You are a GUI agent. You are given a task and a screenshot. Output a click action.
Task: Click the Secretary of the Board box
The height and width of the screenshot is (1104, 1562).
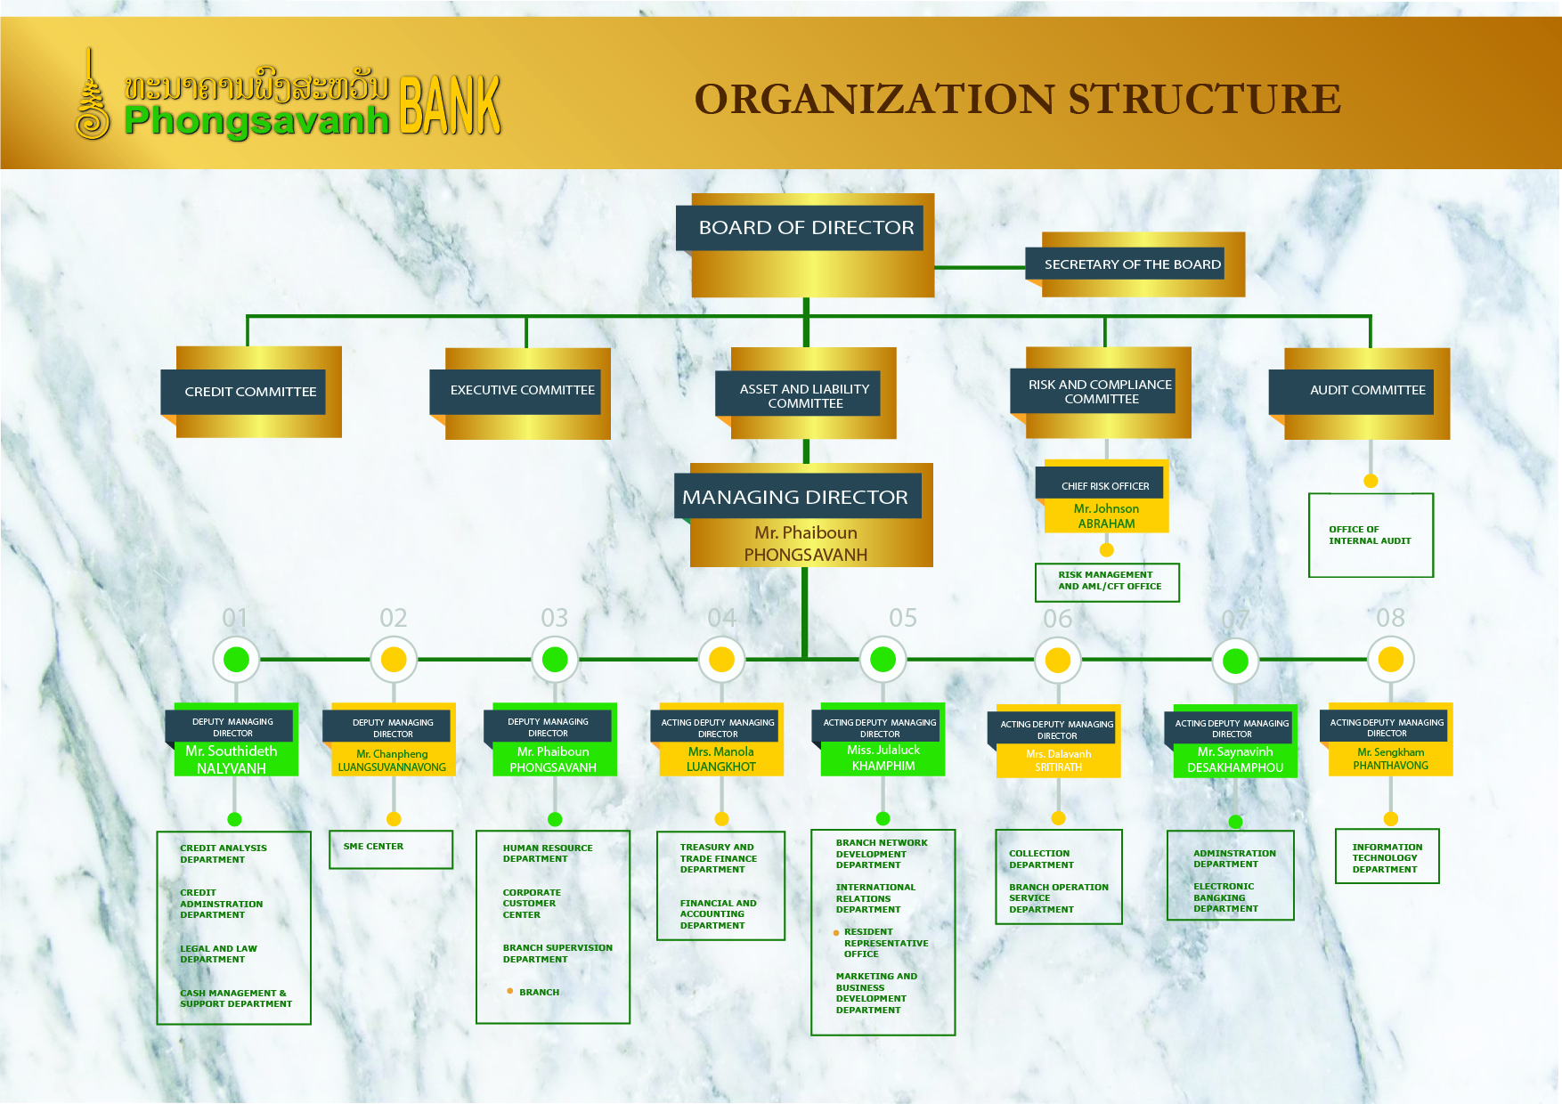click(x=1132, y=264)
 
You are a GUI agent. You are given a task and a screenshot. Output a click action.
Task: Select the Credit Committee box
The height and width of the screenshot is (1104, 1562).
click(x=250, y=392)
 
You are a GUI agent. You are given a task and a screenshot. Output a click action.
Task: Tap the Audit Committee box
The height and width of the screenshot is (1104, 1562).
click(x=1367, y=390)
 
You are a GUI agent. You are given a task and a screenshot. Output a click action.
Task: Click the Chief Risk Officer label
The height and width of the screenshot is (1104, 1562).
click(x=1104, y=486)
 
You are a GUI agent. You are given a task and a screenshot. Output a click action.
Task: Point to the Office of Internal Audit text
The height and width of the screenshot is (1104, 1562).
click(x=1370, y=535)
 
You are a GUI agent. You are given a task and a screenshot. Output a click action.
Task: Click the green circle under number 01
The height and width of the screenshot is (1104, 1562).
click(x=236, y=660)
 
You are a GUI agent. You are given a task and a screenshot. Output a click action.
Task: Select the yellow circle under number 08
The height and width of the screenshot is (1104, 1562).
click(x=1390, y=660)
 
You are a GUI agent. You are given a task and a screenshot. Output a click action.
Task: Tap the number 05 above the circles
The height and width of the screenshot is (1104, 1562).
click(x=902, y=618)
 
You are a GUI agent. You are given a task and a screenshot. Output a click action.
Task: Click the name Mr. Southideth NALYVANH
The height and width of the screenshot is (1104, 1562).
click(x=232, y=759)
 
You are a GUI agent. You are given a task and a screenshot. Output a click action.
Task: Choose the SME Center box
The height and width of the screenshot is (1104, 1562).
click(x=390, y=848)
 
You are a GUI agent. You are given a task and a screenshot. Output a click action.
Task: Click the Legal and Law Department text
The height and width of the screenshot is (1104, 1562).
click(x=218, y=954)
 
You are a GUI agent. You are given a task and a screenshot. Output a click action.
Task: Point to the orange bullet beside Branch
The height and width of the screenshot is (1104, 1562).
click(x=509, y=991)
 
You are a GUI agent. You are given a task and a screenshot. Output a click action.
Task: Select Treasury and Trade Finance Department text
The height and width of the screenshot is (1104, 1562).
click(x=718, y=858)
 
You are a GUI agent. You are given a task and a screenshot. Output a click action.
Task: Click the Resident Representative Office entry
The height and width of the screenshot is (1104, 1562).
click(x=885, y=943)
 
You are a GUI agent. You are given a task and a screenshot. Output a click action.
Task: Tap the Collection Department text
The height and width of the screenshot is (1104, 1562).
click(x=1040, y=859)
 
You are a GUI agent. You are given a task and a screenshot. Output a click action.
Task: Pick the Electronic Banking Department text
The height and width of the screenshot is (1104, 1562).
click(x=1225, y=897)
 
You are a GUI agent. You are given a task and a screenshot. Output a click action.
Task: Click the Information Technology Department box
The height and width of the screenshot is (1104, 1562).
click(x=1387, y=857)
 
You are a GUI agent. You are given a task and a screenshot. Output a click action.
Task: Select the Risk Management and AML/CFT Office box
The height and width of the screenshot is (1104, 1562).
click(x=1108, y=581)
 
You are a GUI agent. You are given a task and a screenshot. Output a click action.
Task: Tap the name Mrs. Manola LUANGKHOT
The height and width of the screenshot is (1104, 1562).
click(x=721, y=759)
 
